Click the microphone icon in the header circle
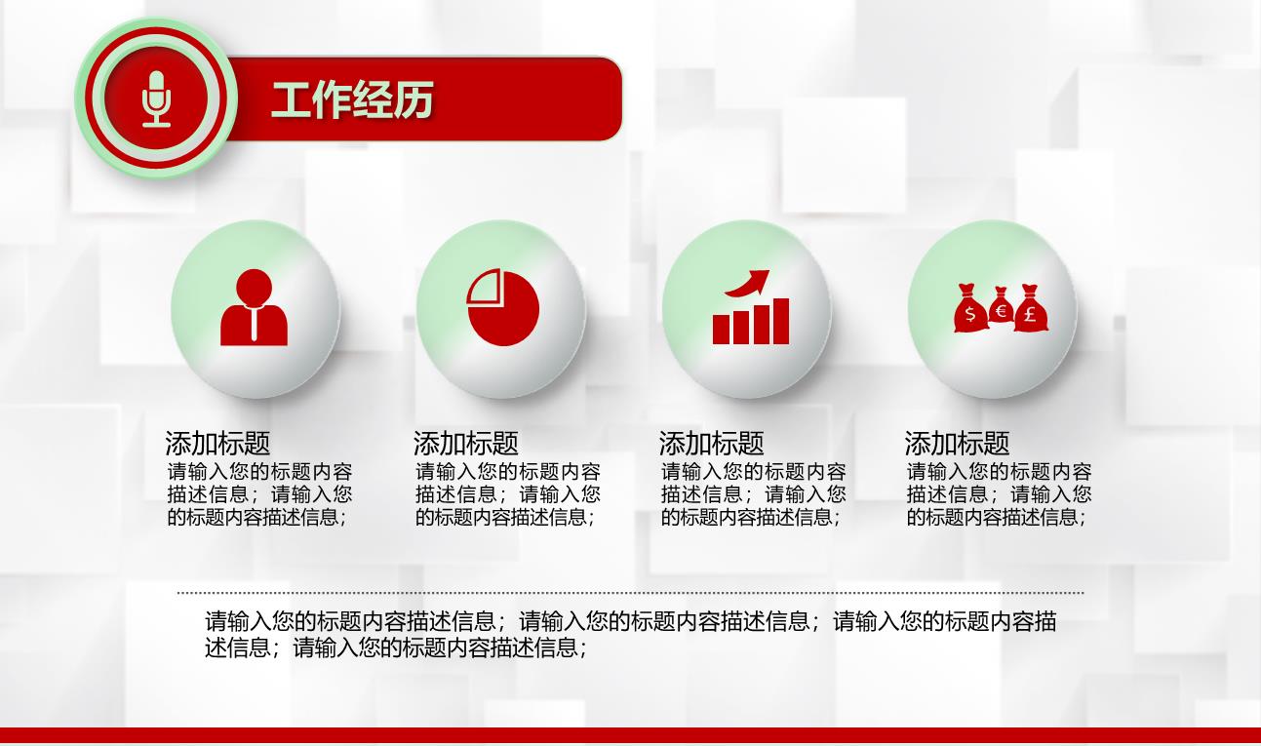(156, 98)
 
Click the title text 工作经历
(352, 99)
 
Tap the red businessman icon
(254, 307)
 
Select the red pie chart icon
(502, 307)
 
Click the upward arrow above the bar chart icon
(748, 283)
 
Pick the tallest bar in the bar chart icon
(781, 321)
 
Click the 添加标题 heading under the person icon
(217, 443)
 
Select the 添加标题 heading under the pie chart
(465, 443)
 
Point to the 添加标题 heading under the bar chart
(712, 443)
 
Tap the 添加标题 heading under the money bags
(957, 443)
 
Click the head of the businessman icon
(254, 287)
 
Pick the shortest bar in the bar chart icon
(721, 330)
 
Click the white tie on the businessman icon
(255, 324)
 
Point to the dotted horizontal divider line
(630, 593)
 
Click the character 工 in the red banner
(291, 100)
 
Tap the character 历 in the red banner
(414, 100)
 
